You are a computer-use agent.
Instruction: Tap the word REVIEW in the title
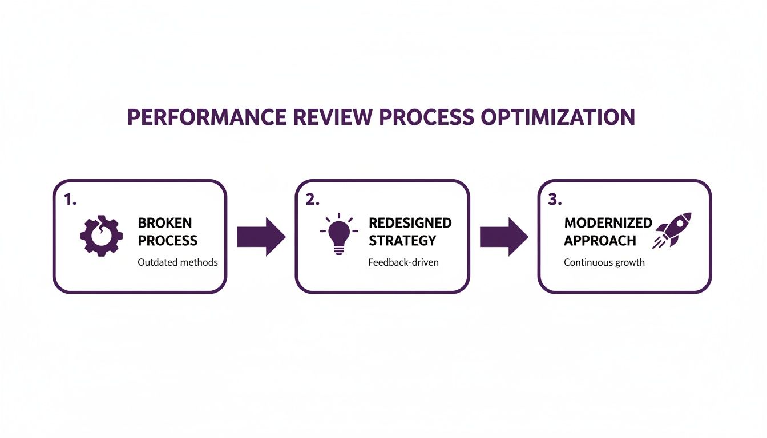(x=328, y=117)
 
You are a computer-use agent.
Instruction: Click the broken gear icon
(x=102, y=236)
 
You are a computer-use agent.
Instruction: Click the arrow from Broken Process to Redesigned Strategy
(x=261, y=236)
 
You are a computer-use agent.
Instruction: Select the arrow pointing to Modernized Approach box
(x=503, y=236)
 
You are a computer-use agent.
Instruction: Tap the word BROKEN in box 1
(x=165, y=223)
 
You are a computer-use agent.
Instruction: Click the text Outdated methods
(x=177, y=262)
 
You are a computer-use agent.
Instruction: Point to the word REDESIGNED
(x=410, y=223)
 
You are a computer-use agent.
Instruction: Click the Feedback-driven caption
(x=403, y=262)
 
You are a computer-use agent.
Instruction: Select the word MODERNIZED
(x=608, y=223)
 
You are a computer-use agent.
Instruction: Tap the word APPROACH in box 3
(x=600, y=240)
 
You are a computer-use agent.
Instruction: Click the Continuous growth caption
(x=604, y=262)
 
